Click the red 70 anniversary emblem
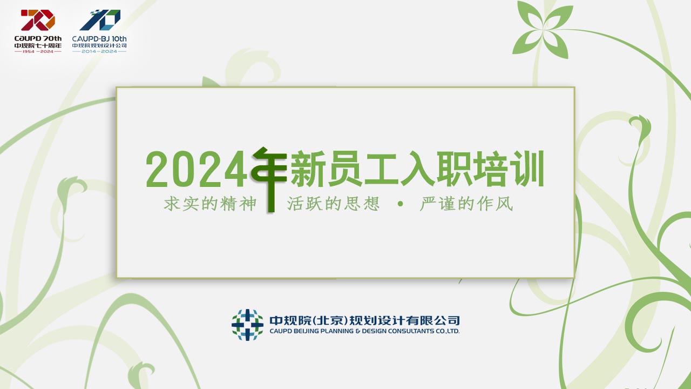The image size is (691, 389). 38,20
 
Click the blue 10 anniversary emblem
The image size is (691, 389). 100,20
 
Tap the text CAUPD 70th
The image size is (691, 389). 38,38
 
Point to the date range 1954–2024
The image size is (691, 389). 38,51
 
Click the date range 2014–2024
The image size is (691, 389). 99,51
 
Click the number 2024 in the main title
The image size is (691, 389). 197,170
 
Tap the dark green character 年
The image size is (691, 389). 269,179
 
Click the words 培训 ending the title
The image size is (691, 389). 509,169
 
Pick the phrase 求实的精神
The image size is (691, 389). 210,204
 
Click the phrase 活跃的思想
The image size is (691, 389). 334,204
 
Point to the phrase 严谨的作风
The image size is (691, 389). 466,204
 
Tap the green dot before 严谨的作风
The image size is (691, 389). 401,204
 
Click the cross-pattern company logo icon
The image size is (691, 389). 247,325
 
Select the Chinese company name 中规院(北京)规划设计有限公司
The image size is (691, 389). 364,320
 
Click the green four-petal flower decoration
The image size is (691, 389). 543,30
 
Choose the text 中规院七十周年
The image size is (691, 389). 38,46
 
